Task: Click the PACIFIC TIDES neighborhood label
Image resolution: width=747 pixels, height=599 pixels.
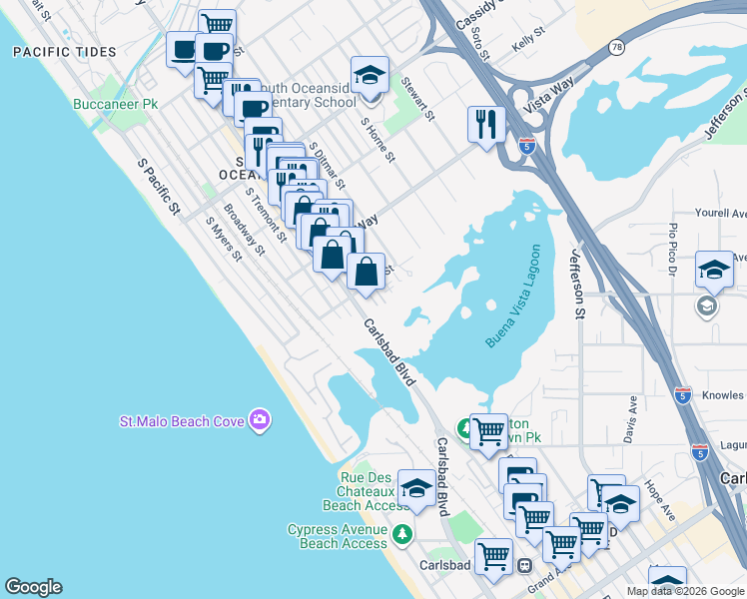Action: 65,52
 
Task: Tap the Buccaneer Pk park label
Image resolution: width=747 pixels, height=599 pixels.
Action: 116,104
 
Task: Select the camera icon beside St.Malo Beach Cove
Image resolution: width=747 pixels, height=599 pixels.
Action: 260,420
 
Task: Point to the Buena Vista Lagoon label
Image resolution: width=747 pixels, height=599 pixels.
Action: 519,296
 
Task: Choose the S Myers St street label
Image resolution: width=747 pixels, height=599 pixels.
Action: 224,240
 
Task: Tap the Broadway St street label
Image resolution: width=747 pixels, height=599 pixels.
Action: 244,230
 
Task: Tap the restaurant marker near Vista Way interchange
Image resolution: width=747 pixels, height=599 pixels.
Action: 486,125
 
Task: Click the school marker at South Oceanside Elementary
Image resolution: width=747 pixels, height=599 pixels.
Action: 370,76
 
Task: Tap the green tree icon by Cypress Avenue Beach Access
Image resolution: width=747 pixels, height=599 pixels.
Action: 402,534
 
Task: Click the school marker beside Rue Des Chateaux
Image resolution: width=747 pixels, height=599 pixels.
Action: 416,489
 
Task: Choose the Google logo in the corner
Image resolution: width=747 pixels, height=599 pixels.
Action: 33,587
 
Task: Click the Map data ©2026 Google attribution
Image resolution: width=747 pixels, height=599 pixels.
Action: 685,591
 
